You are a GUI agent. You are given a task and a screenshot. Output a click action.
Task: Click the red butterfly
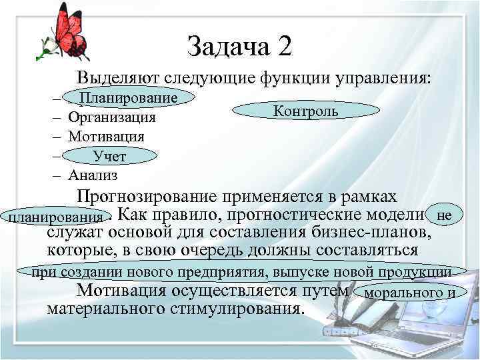coord(69,33)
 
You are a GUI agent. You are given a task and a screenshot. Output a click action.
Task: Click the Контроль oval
coord(305,111)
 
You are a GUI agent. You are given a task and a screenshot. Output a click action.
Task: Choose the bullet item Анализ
coord(93,175)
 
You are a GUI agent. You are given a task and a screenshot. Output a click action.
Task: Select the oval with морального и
coord(415,293)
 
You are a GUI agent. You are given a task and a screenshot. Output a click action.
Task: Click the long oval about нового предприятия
coord(241,272)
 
